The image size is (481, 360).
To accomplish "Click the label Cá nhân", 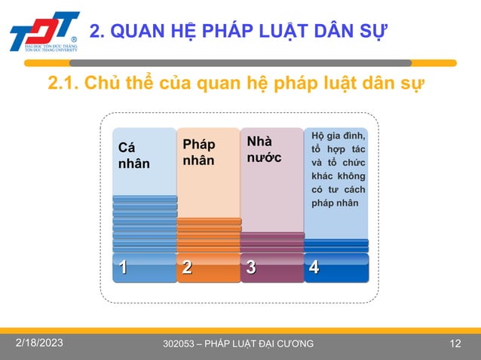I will tap(133, 157).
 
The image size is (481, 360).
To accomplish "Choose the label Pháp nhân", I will tap(198, 152).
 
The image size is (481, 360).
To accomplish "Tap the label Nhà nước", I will tap(263, 149).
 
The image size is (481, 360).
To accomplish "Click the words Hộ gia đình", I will tap(339, 136).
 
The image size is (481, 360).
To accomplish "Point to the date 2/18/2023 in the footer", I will tap(40, 343).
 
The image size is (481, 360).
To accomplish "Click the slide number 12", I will tap(455, 344).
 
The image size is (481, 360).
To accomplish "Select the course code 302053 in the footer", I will tap(179, 345).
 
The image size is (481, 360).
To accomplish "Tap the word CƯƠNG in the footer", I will tap(293, 345).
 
